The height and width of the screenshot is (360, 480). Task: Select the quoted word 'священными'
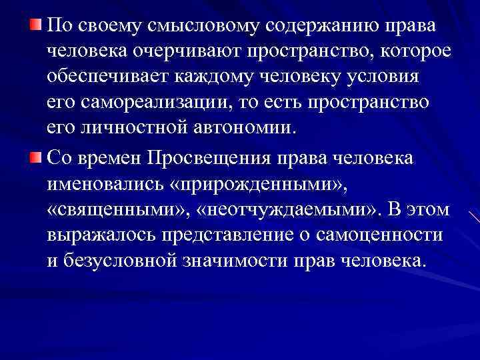click(x=115, y=209)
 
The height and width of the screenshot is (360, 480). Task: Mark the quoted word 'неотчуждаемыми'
click(x=289, y=209)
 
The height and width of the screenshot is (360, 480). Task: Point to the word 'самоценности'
click(x=367, y=235)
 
